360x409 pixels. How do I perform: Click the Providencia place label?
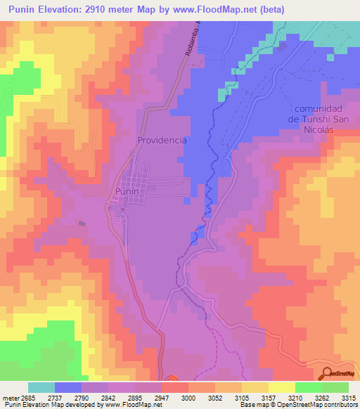pyautogui.click(x=162, y=140)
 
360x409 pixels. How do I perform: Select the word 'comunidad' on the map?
pyautogui.click(x=318, y=109)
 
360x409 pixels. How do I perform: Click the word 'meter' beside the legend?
pyautogui.click(x=13, y=398)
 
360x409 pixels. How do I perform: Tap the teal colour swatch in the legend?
pyautogui.click(x=41, y=387)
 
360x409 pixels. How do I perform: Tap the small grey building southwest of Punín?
pyautogui.click(x=82, y=224)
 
